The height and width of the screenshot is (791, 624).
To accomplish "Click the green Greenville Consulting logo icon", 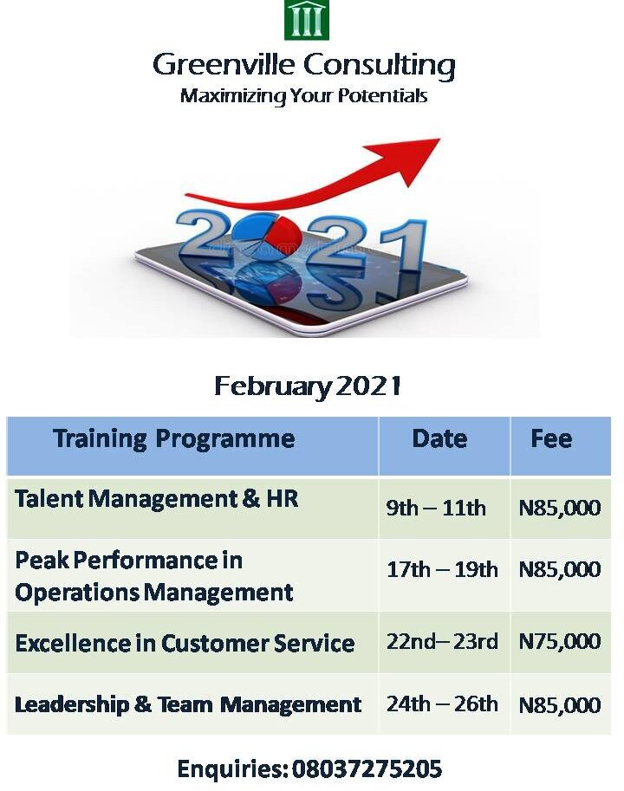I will point(307,20).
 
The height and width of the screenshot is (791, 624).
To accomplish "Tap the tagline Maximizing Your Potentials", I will point(303,95).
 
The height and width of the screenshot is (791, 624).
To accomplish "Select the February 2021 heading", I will point(308,386).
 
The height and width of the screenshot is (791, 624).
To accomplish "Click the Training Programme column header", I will point(173,438).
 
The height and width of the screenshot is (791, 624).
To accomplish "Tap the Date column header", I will point(439,438).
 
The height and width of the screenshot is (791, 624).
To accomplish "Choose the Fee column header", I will point(551,438).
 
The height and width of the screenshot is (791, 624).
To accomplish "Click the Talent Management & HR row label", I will point(157,499).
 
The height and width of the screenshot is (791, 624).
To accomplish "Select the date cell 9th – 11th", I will point(436,508).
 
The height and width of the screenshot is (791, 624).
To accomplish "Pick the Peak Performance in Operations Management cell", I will point(154,576).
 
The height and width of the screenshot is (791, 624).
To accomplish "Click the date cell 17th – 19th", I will point(442,569).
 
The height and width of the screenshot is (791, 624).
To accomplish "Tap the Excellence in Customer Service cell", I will point(185,644).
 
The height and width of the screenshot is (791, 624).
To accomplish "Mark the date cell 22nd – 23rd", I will point(442,641).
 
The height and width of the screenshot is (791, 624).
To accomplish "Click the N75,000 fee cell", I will point(559,641).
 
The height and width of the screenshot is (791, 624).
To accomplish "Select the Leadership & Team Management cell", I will point(188,704).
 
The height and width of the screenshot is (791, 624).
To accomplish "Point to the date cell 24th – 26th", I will point(442,703).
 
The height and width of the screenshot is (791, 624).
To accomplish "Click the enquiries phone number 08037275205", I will point(367,768).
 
